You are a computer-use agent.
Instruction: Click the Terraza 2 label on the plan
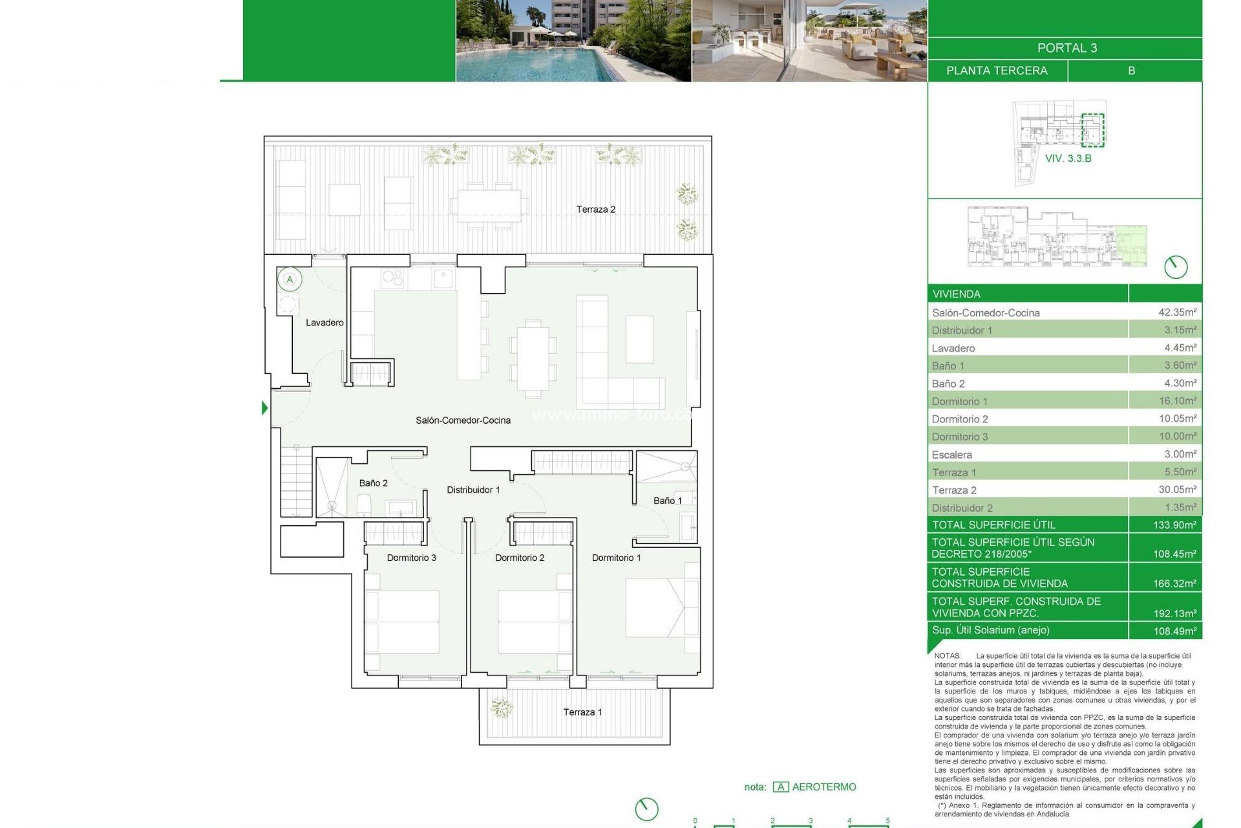[x=595, y=210]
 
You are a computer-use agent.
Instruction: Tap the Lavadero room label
[x=324, y=323]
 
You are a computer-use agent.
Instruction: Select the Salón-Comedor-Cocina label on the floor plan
[x=463, y=420]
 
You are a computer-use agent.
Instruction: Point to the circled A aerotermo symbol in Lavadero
[x=290, y=279]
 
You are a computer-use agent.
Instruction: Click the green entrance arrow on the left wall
[x=264, y=408]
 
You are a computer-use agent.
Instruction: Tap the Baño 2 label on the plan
[x=373, y=483]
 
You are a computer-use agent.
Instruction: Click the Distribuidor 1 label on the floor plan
[x=473, y=490]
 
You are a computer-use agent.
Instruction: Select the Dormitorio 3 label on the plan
[x=411, y=558]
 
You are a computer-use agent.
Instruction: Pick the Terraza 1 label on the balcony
[x=582, y=712]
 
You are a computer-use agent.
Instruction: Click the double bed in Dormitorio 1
[x=661, y=607]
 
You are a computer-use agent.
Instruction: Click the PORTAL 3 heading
[x=1066, y=48]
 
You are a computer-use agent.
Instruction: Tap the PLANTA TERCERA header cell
[x=997, y=71]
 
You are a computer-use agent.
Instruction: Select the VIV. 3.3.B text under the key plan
[x=1068, y=158]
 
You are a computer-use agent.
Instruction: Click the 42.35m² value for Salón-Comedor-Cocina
[x=1177, y=312]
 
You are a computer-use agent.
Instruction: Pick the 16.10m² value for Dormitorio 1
[x=1177, y=401]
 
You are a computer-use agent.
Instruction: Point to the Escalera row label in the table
[x=951, y=455]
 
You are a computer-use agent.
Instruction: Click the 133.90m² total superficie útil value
[x=1174, y=525]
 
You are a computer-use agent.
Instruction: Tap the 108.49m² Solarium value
[x=1174, y=631]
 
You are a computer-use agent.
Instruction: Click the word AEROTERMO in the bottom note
[x=823, y=787]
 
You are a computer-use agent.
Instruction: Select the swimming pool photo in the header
[x=573, y=41]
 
